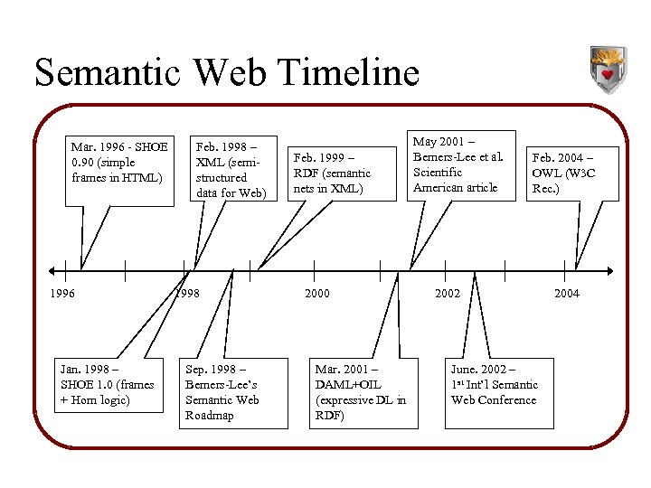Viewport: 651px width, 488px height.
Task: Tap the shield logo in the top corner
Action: tap(608, 70)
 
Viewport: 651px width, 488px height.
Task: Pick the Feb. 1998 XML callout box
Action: tap(231, 169)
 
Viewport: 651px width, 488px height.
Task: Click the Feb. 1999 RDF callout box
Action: tap(333, 172)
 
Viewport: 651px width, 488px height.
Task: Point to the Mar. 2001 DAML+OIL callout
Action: tap(361, 392)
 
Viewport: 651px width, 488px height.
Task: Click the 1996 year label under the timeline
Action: tap(63, 293)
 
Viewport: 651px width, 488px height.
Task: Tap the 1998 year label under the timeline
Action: tap(187, 293)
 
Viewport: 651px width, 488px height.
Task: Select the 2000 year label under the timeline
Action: tap(317, 293)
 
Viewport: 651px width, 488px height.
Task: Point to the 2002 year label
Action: tap(448, 293)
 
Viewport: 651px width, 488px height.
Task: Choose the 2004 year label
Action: tap(567, 293)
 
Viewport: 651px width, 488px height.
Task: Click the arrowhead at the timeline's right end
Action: tap(609, 269)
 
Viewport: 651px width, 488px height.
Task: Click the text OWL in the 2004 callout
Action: tap(547, 174)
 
